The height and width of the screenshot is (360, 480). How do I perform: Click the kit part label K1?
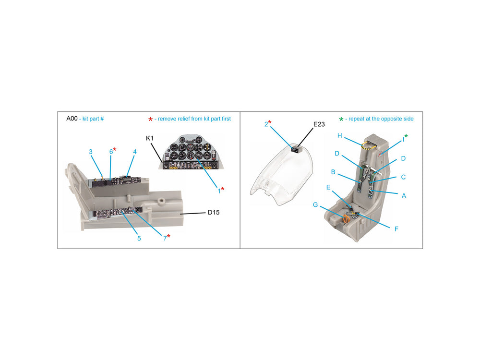point(149,138)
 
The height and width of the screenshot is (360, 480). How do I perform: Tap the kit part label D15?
point(214,213)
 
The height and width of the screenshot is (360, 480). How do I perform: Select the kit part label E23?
point(319,124)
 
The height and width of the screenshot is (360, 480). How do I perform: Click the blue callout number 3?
point(91,152)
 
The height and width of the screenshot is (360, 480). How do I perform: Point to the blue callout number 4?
point(135,152)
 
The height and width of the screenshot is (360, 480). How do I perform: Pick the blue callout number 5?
point(139,239)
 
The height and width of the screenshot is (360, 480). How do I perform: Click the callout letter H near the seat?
point(339,136)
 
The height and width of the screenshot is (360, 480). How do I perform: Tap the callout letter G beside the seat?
point(315,205)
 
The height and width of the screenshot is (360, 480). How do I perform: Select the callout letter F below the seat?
point(396,229)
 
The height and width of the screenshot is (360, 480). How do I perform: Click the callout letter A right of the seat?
point(404,196)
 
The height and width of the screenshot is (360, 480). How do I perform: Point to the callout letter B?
point(333,172)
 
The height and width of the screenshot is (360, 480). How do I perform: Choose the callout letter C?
point(403,177)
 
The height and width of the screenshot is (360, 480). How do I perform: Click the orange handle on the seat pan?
point(346,219)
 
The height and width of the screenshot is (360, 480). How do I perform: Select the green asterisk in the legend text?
point(341,120)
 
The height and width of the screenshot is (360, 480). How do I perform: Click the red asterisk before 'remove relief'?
point(150,120)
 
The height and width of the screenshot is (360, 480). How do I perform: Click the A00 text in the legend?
point(72,119)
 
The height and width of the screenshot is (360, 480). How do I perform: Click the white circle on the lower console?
point(121,211)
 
